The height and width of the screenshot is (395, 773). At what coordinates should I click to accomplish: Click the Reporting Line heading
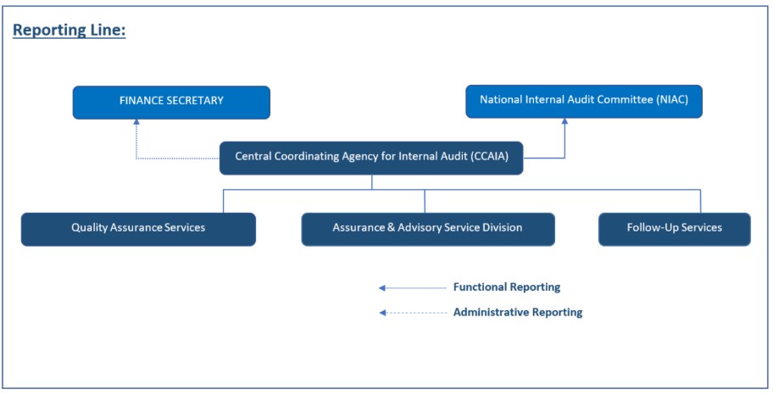[70, 31]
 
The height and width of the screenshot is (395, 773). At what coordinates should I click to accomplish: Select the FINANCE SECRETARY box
[171, 102]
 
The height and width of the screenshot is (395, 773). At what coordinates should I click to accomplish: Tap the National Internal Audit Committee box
[584, 101]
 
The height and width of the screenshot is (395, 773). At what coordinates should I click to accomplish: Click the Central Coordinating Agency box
[371, 158]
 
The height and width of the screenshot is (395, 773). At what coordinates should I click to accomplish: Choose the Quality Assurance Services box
[138, 229]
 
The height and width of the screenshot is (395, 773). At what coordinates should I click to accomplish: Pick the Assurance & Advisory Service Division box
[428, 229]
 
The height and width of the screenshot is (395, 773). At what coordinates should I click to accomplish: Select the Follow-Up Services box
[674, 229]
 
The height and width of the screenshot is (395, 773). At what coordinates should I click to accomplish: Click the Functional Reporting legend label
[507, 287]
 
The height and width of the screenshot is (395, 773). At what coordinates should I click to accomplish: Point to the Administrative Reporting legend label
[518, 312]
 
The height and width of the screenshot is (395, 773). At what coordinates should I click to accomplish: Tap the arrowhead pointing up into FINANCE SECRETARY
[136, 123]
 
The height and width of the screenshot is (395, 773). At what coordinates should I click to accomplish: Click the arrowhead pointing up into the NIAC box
[565, 122]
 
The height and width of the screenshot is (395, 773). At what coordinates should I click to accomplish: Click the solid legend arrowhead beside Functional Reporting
[383, 287]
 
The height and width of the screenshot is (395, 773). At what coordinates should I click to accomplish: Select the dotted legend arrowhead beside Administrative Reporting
[383, 313]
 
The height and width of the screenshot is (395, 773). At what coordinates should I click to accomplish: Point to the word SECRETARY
[195, 101]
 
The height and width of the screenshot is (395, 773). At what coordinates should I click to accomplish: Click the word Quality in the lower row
[90, 228]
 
